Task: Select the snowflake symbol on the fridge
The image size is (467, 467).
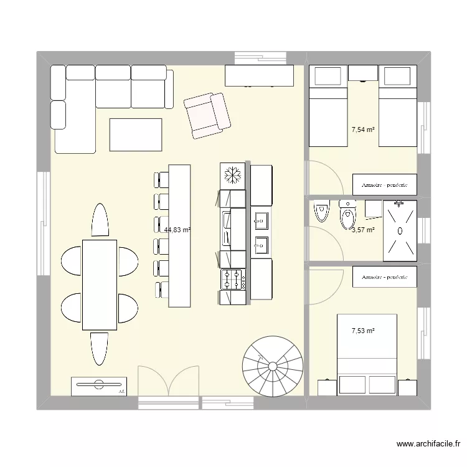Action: point(232,175)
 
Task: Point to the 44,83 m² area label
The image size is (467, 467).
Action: point(177,230)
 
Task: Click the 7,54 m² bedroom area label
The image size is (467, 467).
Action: point(363,130)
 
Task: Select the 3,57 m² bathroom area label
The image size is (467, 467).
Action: point(363,230)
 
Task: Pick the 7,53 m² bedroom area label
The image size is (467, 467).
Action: point(363,331)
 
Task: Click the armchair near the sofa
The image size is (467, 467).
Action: point(207,115)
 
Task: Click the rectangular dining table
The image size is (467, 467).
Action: point(100,285)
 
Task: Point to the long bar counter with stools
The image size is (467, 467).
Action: point(179,235)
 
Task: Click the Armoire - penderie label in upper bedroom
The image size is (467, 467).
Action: point(384,184)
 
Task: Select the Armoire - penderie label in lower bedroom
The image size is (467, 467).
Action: point(384,276)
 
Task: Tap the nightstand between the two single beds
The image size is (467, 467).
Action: point(362,73)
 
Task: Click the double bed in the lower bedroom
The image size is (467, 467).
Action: point(366,352)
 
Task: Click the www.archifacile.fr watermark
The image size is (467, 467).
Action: point(428,445)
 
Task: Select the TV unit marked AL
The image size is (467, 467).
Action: point(100,386)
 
